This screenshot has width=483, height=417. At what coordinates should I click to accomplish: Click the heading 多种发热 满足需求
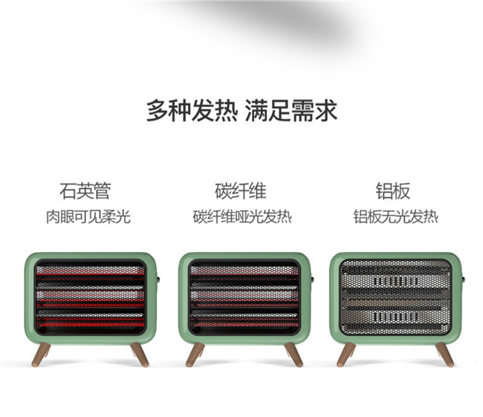point(241,111)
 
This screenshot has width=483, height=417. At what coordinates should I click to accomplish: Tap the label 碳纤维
point(241,191)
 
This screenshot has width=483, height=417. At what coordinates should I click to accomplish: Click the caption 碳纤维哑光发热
point(241,217)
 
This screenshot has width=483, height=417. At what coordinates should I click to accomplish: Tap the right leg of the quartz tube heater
point(139,354)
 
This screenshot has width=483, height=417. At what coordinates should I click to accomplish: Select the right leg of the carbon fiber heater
point(294,354)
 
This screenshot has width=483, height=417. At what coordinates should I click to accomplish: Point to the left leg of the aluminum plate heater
point(346,354)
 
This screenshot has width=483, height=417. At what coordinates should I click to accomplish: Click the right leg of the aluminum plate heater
point(444,354)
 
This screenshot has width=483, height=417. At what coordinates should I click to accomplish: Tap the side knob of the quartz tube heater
point(158,280)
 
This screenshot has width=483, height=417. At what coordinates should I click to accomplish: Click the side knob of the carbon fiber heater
point(312,280)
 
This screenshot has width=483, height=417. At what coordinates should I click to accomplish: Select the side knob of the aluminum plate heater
point(463,280)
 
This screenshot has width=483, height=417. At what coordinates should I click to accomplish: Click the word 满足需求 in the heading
point(291,111)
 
